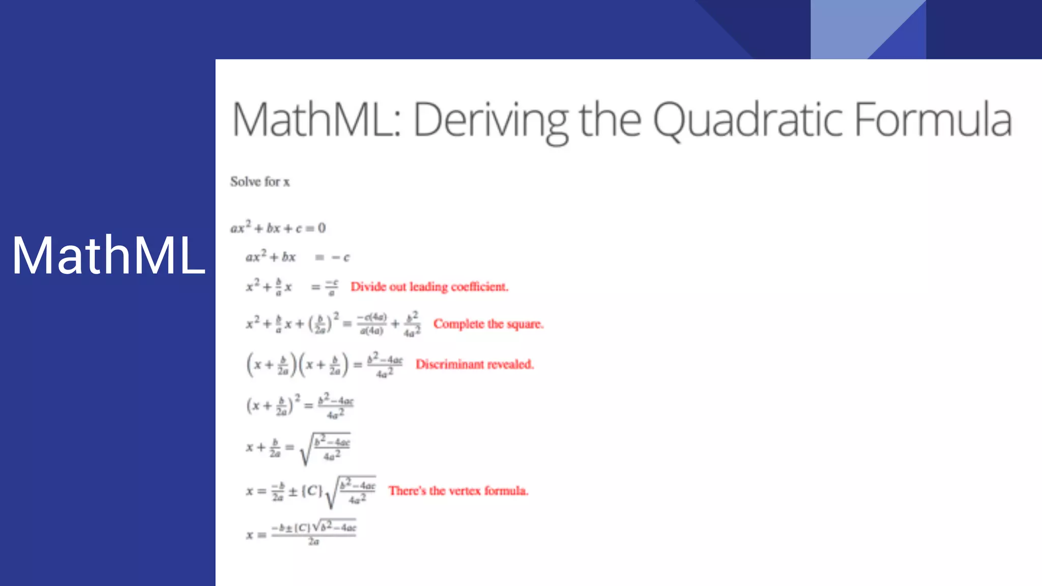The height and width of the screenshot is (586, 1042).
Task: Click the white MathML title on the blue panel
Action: click(108, 255)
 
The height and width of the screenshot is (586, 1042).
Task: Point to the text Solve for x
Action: click(259, 182)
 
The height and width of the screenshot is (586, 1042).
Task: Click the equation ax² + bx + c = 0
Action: click(278, 228)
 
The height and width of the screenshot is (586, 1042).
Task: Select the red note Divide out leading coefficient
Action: click(429, 287)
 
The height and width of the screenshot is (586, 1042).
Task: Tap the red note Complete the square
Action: click(488, 324)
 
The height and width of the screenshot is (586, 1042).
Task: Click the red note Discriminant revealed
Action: click(474, 364)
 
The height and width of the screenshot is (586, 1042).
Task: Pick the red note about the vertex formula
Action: click(458, 491)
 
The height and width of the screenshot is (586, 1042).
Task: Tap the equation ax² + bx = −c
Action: click(298, 257)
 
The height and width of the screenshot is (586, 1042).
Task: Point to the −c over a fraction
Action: click(332, 287)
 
